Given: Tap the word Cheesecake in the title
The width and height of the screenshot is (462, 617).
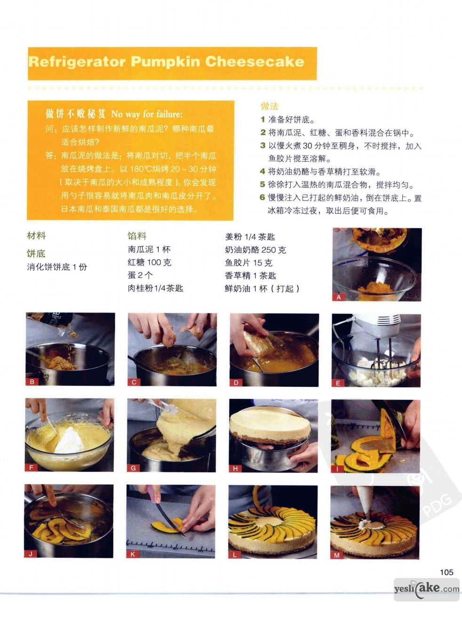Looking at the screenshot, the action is (x=255, y=62).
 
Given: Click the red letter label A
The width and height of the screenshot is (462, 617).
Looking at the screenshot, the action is (x=339, y=297).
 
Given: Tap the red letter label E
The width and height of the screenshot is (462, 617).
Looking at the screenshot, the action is (x=338, y=383).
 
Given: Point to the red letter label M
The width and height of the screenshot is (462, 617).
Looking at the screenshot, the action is (x=337, y=555).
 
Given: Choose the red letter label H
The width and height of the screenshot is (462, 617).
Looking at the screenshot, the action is (x=235, y=469).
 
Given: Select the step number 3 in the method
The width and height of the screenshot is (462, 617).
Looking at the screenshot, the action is (x=263, y=145).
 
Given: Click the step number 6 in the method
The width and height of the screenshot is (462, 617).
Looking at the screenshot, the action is (x=263, y=198).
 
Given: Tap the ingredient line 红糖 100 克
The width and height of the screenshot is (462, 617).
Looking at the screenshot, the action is (x=150, y=263).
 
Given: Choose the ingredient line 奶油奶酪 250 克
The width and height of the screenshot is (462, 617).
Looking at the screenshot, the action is (x=255, y=250).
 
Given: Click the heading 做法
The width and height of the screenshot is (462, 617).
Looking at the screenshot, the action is (x=269, y=106).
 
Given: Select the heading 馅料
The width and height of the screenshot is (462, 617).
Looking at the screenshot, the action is (x=137, y=236).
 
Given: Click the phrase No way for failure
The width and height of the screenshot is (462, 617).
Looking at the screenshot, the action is (x=147, y=114).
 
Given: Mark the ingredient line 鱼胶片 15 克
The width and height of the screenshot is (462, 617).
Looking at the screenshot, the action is (x=248, y=263).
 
